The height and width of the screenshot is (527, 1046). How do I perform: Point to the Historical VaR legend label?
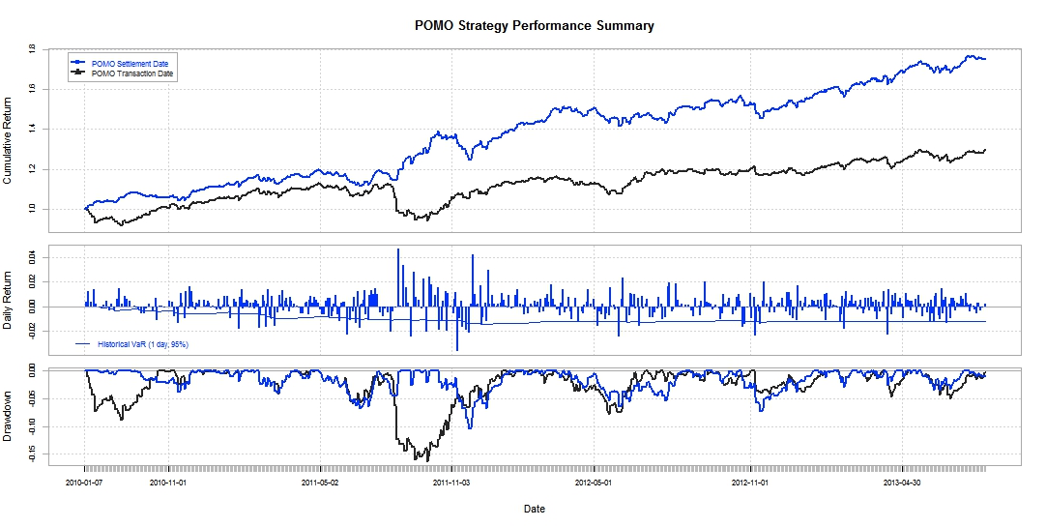pyautogui.click(x=143, y=343)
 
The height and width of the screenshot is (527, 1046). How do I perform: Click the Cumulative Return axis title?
pyautogui.click(x=9, y=140)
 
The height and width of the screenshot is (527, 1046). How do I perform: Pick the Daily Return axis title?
pyautogui.click(x=9, y=301)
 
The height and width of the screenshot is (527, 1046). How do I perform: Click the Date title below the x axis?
pyautogui.click(x=534, y=509)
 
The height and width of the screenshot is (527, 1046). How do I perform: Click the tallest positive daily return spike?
pyautogui.click(x=398, y=249)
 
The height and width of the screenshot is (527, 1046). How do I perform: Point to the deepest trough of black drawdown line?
pyautogui.click(x=416, y=459)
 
